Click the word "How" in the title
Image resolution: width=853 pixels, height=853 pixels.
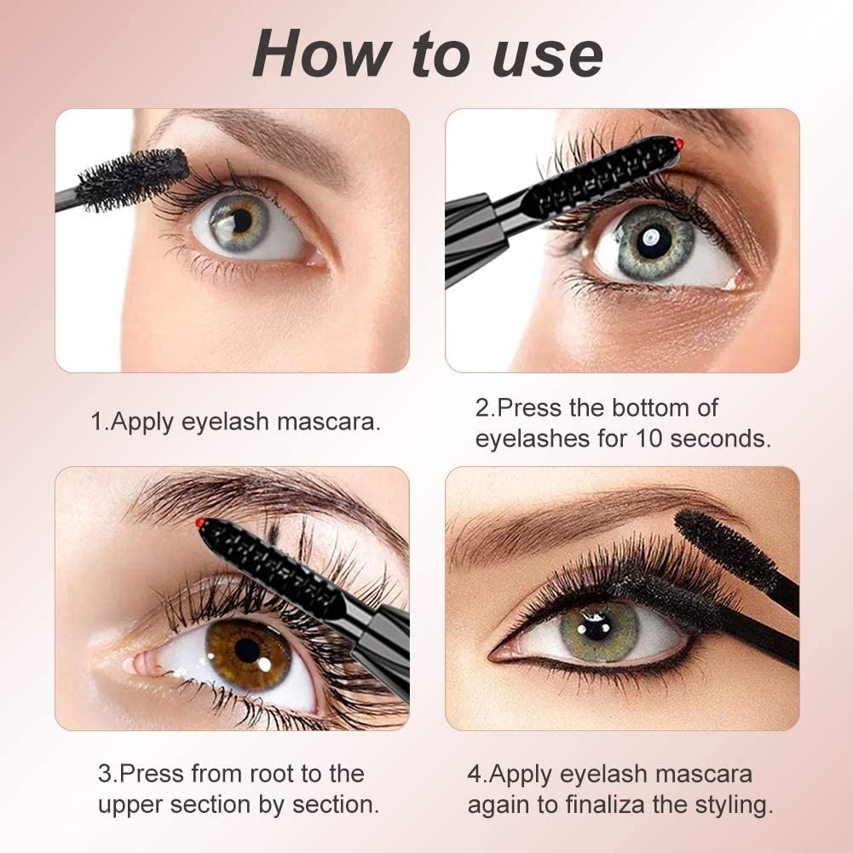point(321,54)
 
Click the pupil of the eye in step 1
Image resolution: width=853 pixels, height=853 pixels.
point(241,220)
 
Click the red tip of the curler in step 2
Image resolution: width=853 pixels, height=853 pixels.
point(679,144)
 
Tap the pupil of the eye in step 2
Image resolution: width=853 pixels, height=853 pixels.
point(654,240)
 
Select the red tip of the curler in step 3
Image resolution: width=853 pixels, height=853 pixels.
point(200,523)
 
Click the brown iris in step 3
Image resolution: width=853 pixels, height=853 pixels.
point(248,654)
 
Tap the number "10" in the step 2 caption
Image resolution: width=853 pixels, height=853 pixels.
point(649,439)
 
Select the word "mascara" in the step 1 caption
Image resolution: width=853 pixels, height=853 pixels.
point(329,422)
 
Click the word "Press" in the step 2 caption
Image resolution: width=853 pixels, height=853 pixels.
point(527,407)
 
